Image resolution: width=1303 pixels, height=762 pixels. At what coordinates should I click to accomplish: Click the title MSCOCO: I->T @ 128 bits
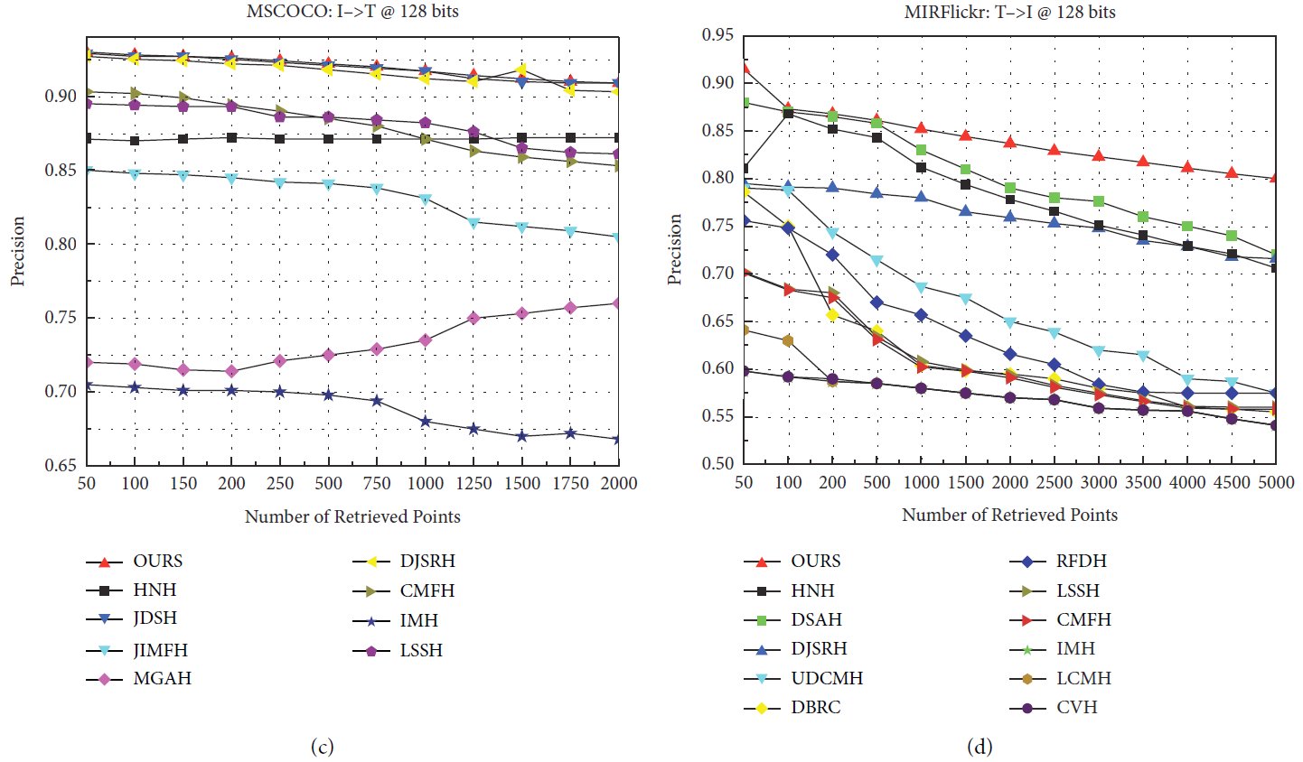click(x=352, y=12)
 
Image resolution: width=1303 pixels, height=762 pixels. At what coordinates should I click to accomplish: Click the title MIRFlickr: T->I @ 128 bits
click(x=1009, y=12)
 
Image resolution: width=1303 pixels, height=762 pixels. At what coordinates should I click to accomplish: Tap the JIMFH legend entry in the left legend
click(x=160, y=650)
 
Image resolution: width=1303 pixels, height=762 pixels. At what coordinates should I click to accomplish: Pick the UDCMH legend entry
click(x=826, y=678)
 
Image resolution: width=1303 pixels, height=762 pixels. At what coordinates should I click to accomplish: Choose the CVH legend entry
click(x=1076, y=707)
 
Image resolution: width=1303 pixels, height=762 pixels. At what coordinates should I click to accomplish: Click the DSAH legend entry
click(x=815, y=619)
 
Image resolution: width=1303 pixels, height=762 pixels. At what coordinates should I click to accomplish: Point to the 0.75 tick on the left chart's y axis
click(x=61, y=318)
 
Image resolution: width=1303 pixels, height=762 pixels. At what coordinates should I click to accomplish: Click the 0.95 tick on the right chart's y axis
click(x=718, y=35)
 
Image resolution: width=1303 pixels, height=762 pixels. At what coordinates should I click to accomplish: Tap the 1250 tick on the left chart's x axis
click(x=473, y=483)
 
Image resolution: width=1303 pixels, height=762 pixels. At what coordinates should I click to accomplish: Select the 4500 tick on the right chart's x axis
click(x=1232, y=482)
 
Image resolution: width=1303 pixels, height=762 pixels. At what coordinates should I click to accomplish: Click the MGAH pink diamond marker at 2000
click(x=618, y=303)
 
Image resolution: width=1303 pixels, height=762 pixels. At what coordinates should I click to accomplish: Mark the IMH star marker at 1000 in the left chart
click(x=425, y=421)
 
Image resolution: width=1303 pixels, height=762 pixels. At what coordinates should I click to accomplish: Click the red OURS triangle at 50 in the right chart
click(x=744, y=68)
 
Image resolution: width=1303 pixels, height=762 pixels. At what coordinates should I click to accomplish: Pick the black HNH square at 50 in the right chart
click(x=744, y=168)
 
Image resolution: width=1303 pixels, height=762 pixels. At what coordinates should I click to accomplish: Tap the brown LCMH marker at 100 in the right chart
click(x=788, y=340)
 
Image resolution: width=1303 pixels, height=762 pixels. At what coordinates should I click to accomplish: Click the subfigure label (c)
click(x=322, y=747)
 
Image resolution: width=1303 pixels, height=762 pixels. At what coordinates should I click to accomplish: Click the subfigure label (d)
click(x=979, y=747)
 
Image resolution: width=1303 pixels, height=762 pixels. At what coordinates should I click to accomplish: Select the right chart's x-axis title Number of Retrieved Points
click(x=1009, y=515)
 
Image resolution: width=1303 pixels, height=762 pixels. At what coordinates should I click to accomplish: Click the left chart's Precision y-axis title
click(x=17, y=251)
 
